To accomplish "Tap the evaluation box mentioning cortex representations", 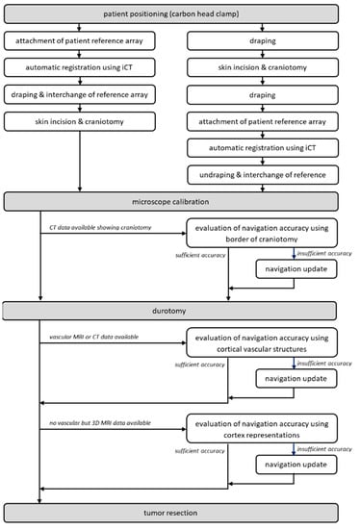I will click(x=263, y=430).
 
